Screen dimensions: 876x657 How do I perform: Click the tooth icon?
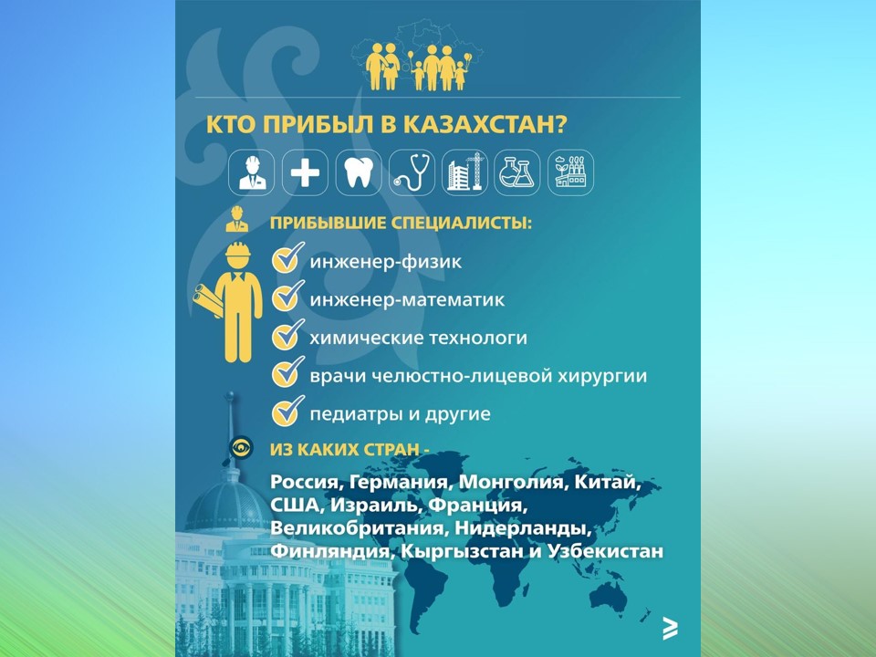coord(358,172)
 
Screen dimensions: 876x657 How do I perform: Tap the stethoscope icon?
coord(412,172)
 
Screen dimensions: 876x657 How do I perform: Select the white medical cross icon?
coord(305,172)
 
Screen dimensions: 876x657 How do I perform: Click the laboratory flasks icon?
coord(517,172)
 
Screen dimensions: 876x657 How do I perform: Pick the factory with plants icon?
coord(570,172)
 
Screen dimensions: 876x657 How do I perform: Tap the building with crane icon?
coord(464,172)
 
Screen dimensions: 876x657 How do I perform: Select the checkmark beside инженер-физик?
coord(287,257)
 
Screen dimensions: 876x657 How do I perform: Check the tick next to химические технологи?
coord(287,334)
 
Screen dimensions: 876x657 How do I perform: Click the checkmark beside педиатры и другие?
coord(287,411)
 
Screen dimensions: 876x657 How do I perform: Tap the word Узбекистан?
coord(606,551)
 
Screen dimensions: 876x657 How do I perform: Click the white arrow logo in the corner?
coord(670,629)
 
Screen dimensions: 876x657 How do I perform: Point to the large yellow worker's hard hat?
coord(238,251)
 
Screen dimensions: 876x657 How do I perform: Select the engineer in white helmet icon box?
coord(252,172)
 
